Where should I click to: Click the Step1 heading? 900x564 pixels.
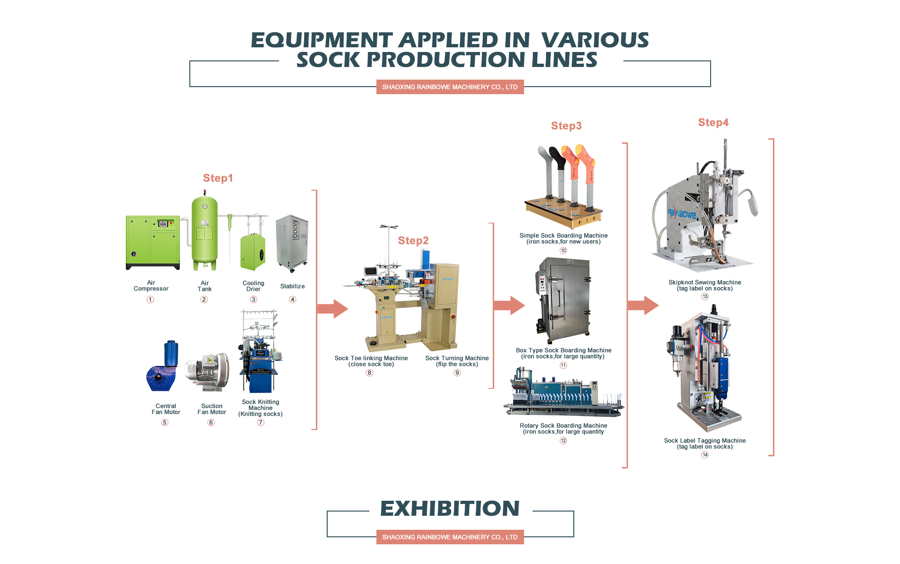217,178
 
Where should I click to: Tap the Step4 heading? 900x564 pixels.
713,123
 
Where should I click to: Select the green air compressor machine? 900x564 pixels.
153,242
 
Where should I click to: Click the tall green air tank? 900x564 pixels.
204,232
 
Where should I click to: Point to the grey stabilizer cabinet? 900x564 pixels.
292,243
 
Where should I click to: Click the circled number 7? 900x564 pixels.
261,423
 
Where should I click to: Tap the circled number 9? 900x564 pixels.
457,373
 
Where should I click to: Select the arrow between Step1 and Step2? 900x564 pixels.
332,309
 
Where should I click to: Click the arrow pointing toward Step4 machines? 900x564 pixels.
643,305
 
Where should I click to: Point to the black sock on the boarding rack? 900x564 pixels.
558,159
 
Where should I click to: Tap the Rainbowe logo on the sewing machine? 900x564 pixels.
682,214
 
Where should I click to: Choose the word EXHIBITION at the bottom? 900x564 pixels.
450,509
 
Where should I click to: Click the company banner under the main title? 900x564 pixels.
450,87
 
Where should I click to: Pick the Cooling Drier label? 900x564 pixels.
253,286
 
